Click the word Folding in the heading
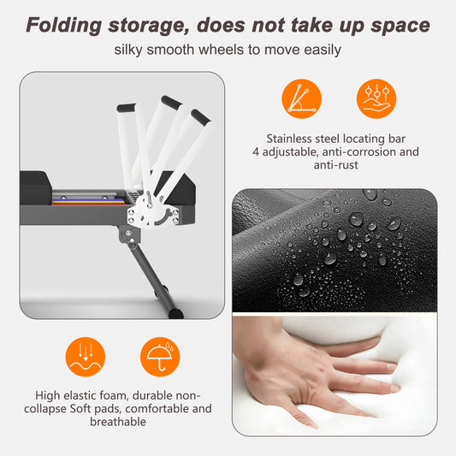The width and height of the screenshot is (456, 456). click(64, 26)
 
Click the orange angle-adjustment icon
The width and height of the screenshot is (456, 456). click(302, 99)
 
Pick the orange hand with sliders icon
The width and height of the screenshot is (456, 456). click(376, 99)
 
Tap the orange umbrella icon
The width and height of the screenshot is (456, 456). click(160, 357)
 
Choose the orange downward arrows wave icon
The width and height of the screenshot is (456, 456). click(86, 357)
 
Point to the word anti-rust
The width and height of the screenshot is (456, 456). click(336, 165)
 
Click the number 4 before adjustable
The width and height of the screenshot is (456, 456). click(256, 151)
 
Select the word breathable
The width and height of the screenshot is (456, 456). click(118, 422)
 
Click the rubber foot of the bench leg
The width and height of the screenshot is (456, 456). click(175, 313)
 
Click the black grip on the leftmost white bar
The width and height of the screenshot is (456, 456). click(127, 108)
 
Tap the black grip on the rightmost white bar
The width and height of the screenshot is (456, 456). click(201, 117)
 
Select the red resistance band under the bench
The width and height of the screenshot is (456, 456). click(89, 204)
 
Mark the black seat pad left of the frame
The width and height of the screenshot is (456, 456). click(36, 187)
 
